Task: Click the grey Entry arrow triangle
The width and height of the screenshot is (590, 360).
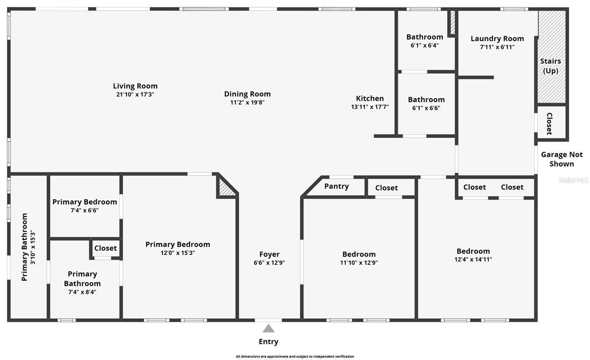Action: [268, 328]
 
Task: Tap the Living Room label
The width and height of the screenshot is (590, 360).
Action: [135, 86]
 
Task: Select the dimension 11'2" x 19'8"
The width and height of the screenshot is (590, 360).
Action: [247, 103]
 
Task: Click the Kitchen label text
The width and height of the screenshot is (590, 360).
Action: [369, 98]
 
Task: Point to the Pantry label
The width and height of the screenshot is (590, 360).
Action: [336, 186]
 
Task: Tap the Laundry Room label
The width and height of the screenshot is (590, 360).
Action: [497, 39]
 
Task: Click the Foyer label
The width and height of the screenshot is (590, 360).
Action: [269, 255]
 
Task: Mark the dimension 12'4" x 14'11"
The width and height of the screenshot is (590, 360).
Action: [473, 260]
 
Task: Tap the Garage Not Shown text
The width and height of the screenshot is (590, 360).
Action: [561, 159]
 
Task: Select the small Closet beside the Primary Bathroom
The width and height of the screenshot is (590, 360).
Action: [105, 248]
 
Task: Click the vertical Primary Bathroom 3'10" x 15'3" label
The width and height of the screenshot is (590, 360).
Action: [29, 247]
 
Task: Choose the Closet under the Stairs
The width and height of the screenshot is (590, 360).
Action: [549, 124]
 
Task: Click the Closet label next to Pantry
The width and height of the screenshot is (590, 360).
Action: [386, 188]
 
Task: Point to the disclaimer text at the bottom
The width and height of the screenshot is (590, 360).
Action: [295, 356]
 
